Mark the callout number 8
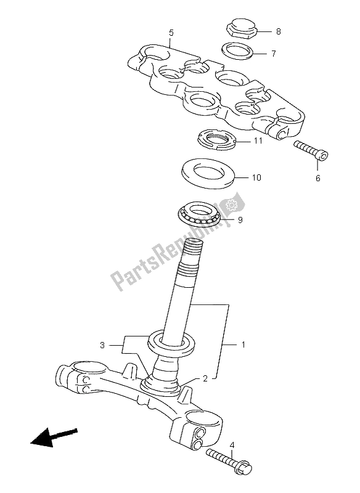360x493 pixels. click(278, 30)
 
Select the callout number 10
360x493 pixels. click(256, 178)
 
